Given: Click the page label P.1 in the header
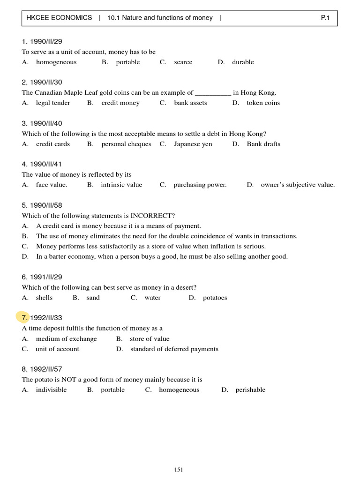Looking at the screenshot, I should (325, 18).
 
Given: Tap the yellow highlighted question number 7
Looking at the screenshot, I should (23, 318).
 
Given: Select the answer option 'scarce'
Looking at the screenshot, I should (183, 62).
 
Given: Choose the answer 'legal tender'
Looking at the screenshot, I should (53, 103).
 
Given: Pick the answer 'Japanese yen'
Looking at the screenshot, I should (193, 144).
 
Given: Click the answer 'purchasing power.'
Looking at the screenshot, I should (200, 185).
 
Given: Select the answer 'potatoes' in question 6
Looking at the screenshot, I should (215, 298).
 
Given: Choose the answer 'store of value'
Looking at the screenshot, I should (150, 338).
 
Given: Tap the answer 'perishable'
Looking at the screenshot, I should (250, 390).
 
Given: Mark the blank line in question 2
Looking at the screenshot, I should (213, 93).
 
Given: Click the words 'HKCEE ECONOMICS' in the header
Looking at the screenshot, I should (59, 18).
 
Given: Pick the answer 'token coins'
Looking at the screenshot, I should (263, 103).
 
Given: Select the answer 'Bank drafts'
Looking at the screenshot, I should (263, 144).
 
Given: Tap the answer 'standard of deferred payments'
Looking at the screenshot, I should (174, 349).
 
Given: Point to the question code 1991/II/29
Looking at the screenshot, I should (46, 277).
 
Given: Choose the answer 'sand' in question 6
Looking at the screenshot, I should (93, 298).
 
